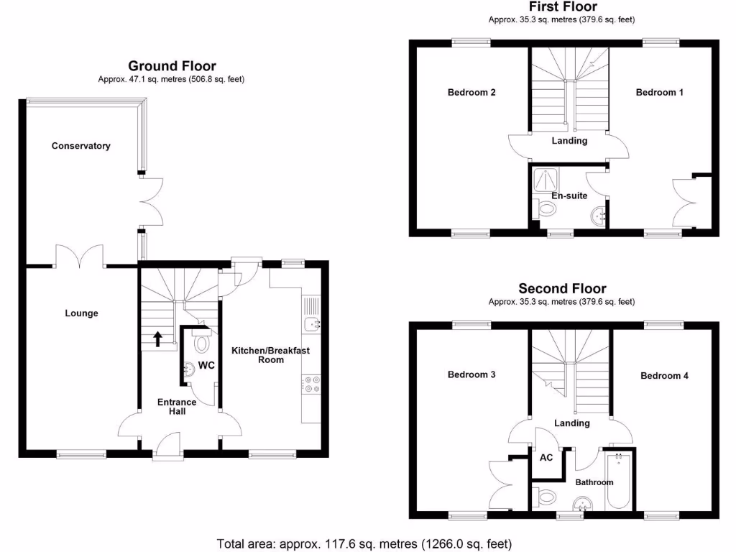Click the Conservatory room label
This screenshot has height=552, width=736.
tap(81, 146)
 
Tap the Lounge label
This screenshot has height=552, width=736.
tap(81, 313)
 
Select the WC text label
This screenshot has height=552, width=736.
tap(207, 366)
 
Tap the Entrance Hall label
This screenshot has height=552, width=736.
tap(177, 407)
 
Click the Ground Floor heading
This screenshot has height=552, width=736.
tap(172, 66)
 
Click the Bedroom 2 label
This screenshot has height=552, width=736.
tap(471, 93)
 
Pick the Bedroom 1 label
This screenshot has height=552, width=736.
tap(660, 93)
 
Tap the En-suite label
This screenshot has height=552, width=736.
tap(569, 195)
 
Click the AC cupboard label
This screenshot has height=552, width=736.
tap(546, 457)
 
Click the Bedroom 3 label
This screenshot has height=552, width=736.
tap(471, 375)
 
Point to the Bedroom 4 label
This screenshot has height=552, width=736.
tap(664, 376)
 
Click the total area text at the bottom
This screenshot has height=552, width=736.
tap(364, 543)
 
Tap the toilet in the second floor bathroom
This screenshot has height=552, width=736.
tap(546, 496)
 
